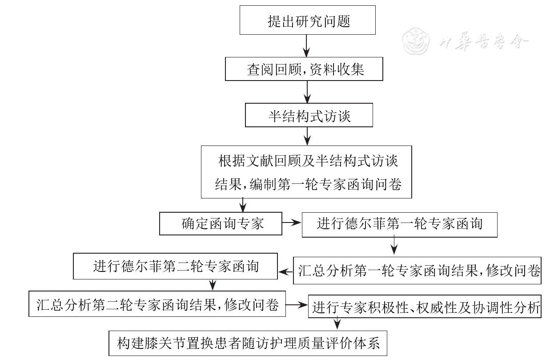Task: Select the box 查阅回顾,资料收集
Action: (x=304, y=69)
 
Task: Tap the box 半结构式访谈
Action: (x=309, y=116)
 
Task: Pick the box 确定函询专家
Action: (x=221, y=223)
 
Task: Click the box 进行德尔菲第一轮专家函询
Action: (x=399, y=223)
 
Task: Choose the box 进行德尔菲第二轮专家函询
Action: (x=176, y=267)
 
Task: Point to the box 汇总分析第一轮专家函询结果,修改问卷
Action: (x=417, y=270)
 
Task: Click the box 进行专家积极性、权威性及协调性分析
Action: (x=425, y=307)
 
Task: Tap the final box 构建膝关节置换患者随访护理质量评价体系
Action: (x=248, y=344)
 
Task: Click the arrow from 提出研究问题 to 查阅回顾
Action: (x=306, y=46)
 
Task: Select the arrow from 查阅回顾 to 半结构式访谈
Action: (x=306, y=93)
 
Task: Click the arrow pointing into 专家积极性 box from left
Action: (x=297, y=305)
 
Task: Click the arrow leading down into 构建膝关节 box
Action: (x=337, y=323)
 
